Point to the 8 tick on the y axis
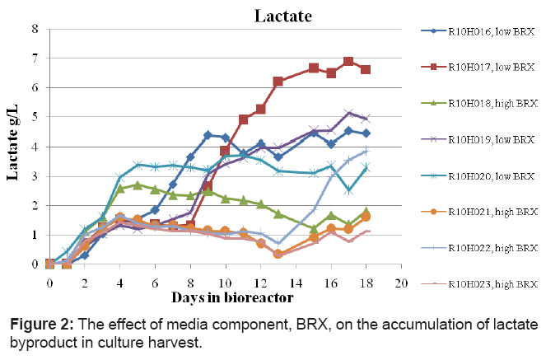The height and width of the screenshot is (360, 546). coord(35,29)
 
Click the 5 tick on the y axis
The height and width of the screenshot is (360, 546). coord(35,117)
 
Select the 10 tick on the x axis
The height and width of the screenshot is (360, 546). coord(225,283)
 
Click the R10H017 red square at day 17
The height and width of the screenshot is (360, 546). coord(348,62)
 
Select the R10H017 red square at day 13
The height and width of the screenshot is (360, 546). coord(278,82)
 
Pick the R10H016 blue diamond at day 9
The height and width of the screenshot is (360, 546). coord(208,135)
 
